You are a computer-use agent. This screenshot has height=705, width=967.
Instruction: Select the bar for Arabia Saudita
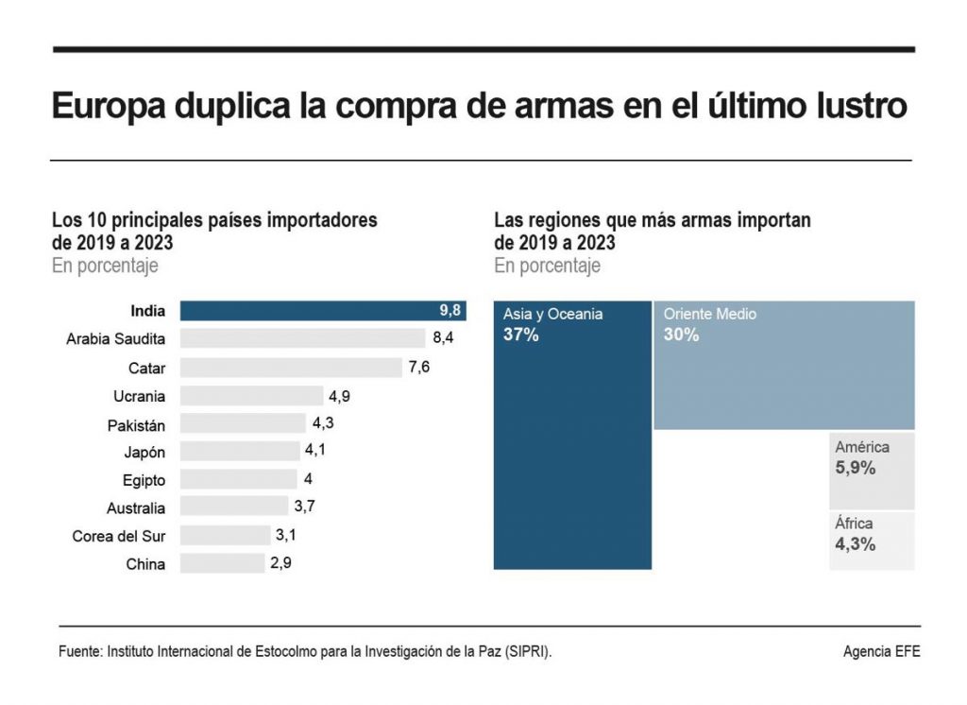(x=302, y=338)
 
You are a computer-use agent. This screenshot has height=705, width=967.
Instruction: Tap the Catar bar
(x=291, y=367)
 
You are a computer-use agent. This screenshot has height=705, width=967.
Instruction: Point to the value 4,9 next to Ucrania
(x=338, y=396)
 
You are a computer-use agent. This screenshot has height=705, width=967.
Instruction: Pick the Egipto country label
(x=144, y=480)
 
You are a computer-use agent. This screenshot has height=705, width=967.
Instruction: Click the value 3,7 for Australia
(x=304, y=507)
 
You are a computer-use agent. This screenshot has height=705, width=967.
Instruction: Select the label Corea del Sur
(x=119, y=536)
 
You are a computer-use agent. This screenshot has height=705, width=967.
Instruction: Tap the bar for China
(x=222, y=564)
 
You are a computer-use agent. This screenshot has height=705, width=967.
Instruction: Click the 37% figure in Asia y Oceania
(x=520, y=335)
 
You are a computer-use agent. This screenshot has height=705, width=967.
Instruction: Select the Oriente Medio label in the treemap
(x=709, y=314)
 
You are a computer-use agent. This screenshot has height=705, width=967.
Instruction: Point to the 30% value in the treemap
(x=681, y=335)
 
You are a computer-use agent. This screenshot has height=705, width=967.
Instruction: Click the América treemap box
(x=872, y=470)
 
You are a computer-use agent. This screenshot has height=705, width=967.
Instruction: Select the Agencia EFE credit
(x=881, y=652)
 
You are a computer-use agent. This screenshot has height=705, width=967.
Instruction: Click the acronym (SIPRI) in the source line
(x=524, y=652)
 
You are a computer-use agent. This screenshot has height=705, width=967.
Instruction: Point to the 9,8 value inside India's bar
(x=450, y=310)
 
